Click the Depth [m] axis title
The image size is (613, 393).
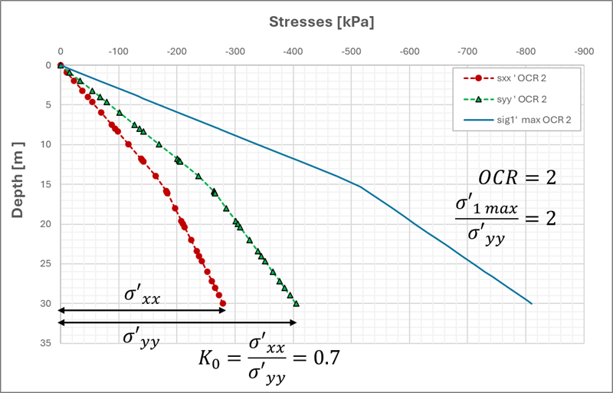[17, 178]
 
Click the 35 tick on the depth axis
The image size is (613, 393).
[44, 343]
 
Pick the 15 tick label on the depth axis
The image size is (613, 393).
[44, 184]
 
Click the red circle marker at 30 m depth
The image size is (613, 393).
[223, 303]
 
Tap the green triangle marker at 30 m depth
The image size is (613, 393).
[297, 303]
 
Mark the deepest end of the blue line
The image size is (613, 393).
[531, 303]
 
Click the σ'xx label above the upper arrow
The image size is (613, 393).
[142, 296]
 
